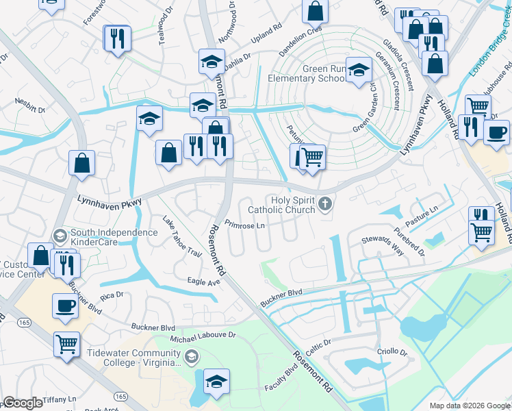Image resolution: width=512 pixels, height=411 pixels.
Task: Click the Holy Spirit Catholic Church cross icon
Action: [x=325, y=203]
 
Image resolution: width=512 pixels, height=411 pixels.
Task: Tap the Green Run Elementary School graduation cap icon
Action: [x=358, y=71]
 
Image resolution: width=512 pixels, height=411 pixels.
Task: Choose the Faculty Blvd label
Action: [x=281, y=377]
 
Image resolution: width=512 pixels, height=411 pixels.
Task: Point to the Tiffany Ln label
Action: [x=59, y=399]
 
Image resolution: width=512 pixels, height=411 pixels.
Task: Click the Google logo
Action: [x=23, y=403]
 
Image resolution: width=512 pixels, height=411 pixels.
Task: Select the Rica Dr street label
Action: [x=111, y=295]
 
